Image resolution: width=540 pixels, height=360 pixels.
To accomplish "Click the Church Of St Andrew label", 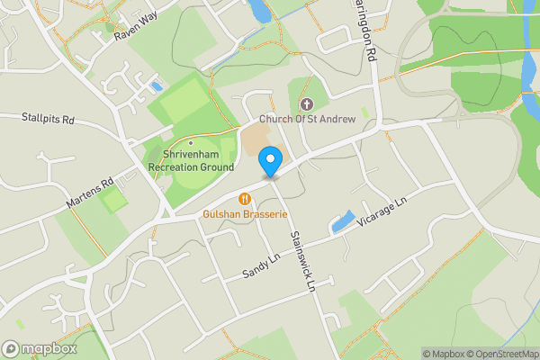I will [307, 119].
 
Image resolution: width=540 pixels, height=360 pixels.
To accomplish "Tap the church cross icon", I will [306, 105].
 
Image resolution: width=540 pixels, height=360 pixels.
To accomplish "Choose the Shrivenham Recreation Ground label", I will [191, 161].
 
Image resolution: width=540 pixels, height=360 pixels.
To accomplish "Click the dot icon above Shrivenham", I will [191, 142].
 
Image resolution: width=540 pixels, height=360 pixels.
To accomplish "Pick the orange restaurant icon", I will [244, 198].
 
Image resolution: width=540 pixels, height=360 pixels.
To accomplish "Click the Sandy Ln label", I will [263, 265].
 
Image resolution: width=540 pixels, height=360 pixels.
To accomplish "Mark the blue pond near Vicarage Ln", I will [342, 222].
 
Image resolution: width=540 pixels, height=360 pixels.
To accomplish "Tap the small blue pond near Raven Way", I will [157, 86].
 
